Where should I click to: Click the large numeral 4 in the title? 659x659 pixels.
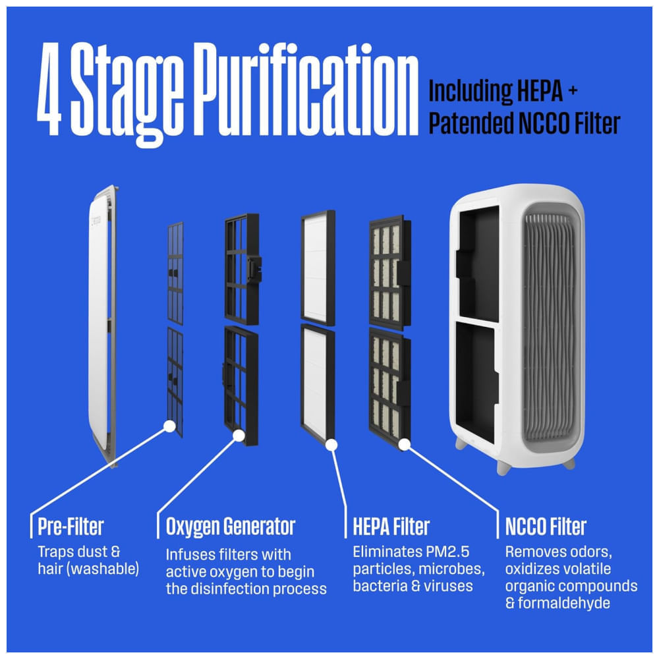[49, 90]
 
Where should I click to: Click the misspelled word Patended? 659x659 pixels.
[471, 123]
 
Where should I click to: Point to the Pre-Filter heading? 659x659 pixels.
[71, 527]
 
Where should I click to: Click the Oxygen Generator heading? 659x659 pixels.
[231, 527]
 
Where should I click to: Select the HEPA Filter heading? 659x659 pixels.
[391, 527]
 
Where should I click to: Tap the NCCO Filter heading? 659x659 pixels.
[546, 527]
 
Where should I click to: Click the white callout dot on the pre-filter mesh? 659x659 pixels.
[169, 426]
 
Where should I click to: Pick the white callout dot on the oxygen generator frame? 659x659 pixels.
[239, 436]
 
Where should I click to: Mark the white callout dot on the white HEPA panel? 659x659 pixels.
[331, 445]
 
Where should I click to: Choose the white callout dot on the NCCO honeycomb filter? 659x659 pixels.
[405, 445]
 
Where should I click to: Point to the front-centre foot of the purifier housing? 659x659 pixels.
[503, 467]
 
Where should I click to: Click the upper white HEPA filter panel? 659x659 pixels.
[318, 268]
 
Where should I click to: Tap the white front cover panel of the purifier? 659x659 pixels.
[101, 322]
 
